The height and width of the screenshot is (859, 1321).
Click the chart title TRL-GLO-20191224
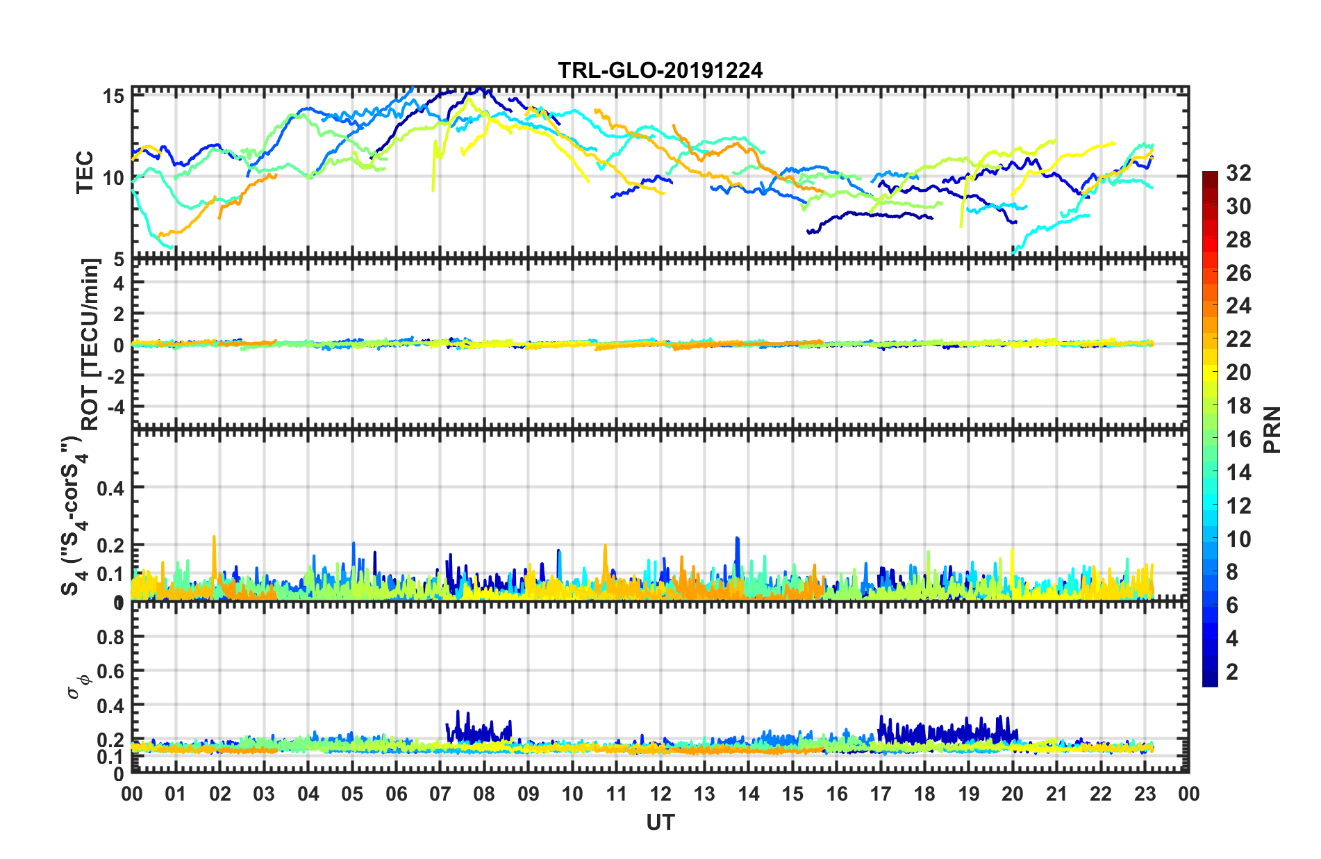660,70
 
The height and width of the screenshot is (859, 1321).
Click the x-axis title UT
660,822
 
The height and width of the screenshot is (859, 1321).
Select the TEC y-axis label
85,172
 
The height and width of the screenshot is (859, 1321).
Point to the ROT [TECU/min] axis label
90,344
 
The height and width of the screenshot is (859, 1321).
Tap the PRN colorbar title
1272,429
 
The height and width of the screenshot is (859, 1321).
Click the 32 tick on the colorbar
1238,173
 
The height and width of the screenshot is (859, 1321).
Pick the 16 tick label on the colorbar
1238,439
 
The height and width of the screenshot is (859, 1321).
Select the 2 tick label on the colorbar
1232,672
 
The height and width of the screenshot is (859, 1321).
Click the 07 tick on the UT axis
440,794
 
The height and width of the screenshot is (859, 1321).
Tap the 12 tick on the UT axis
660,794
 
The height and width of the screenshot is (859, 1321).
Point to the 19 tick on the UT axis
969,794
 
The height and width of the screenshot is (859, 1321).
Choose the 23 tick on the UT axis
1145,794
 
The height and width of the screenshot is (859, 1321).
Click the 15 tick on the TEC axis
114,96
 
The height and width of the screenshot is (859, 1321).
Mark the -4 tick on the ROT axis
116,406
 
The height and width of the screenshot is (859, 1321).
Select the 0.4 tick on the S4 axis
110,489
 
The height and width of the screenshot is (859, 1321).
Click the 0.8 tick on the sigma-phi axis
110,637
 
